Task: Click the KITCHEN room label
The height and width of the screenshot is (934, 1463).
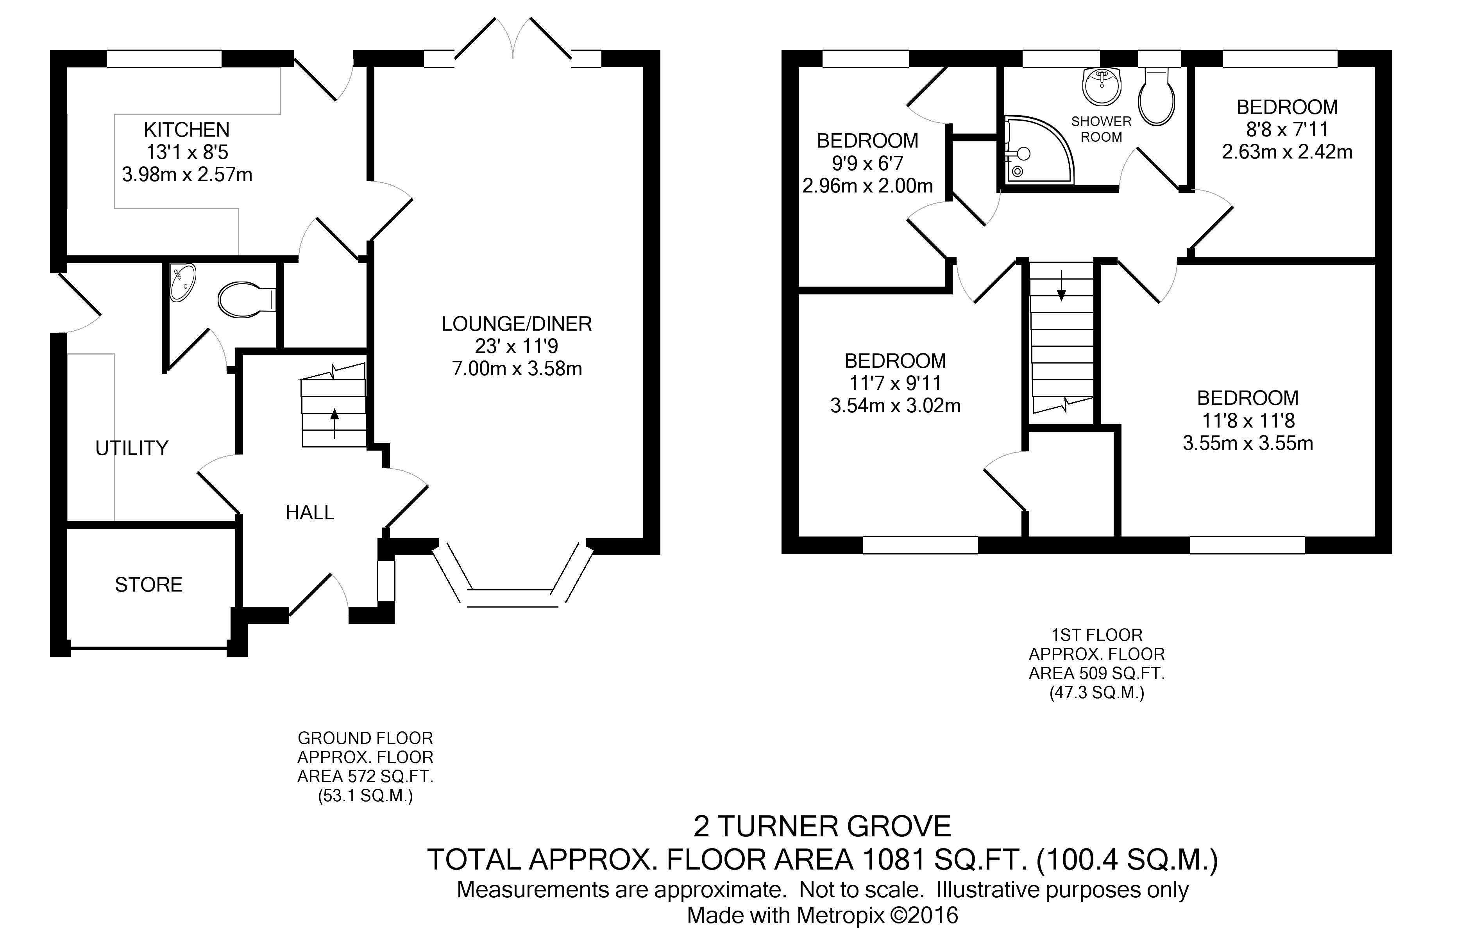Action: click(x=186, y=130)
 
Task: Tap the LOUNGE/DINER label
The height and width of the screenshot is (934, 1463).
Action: click(x=517, y=324)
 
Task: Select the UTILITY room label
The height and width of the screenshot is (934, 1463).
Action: click(x=132, y=448)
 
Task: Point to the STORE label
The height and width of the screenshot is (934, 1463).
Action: click(x=149, y=585)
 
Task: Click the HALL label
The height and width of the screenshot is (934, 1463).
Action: click(x=310, y=513)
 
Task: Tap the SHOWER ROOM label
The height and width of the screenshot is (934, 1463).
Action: click(x=1101, y=129)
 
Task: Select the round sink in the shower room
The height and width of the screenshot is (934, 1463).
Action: click(x=1101, y=86)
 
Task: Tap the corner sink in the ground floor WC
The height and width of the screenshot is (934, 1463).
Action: click(x=182, y=282)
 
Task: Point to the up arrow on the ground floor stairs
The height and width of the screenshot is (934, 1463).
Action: click(x=334, y=423)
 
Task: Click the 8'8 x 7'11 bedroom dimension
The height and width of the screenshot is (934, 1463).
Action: click(x=1287, y=129)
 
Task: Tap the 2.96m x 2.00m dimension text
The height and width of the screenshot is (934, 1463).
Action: click(x=867, y=186)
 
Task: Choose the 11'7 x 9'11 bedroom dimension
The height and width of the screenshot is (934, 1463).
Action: click(x=896, y=383)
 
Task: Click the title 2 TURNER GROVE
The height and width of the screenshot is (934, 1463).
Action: click(x=822, y=827)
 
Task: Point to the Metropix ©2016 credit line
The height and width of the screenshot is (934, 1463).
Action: click(x=822, y=915)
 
